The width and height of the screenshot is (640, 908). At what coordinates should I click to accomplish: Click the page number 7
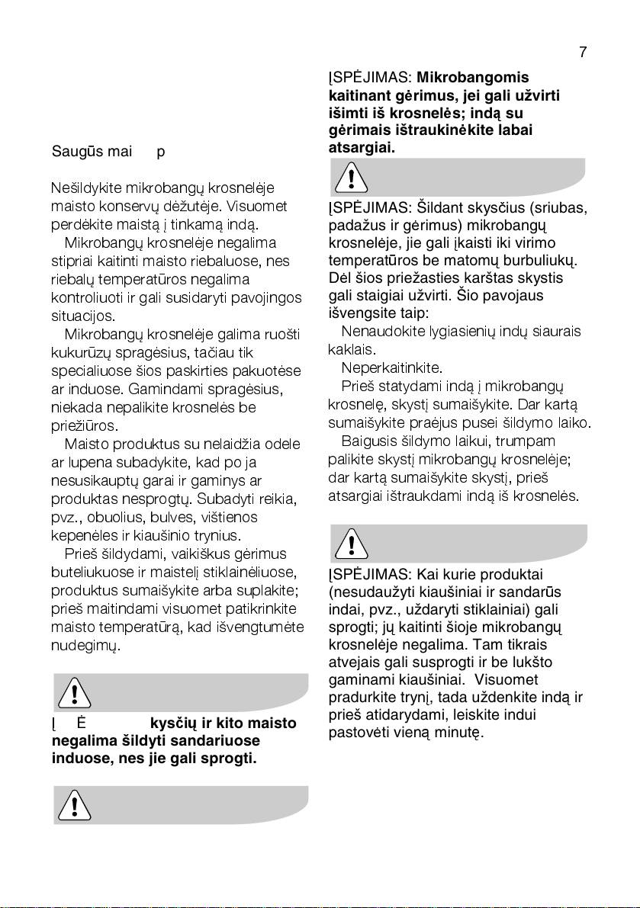(x=582, y=52)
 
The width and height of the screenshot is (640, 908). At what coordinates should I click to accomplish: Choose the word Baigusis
(x=367, y=441)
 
